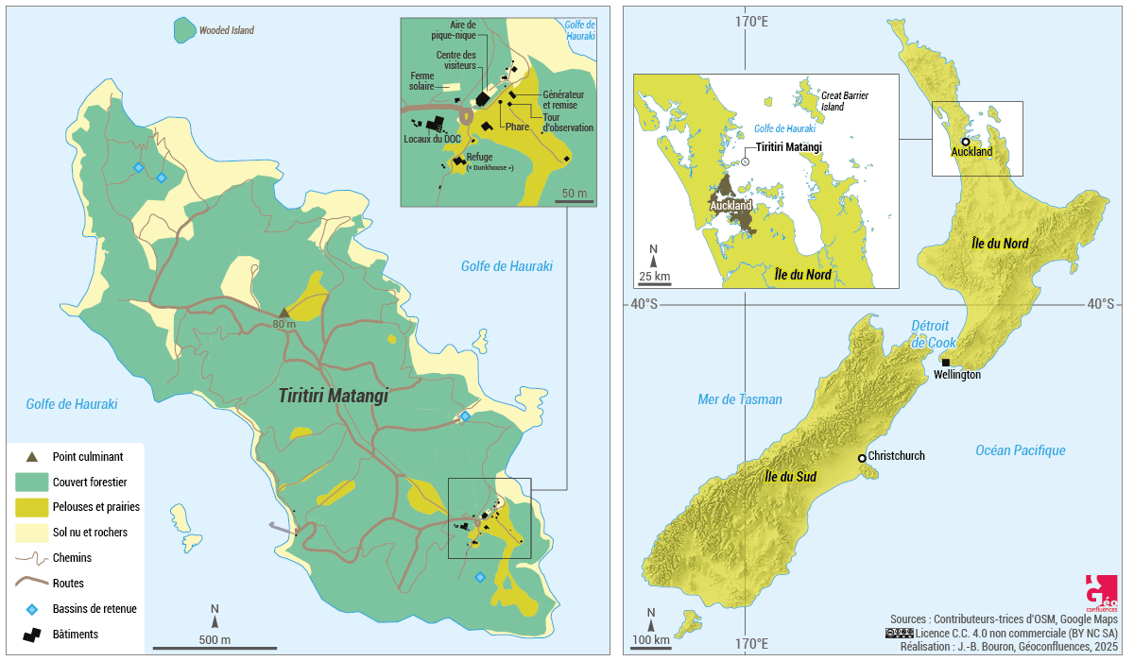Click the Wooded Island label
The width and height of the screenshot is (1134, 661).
pyautogui.click(x=226, y=30)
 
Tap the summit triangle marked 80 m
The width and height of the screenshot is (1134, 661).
pyautogui.click(x=283, y=313)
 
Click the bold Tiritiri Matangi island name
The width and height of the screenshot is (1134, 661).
pyautogui.click(x=334, y=397)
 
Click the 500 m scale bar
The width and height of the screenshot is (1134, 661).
pyautogui.click(x=215, y=647)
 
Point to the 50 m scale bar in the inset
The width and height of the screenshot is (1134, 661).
pyautogui.click(x=574, y=199)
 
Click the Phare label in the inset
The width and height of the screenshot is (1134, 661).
pyautogui.click(x=517, y=127)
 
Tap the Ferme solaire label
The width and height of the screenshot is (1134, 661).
pyautogui.click(x=421, y=81)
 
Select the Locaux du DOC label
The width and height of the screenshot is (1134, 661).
pyautogui.click(x=432, y=140)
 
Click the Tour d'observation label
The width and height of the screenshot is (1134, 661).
pyautogui.click(x=568, y=122)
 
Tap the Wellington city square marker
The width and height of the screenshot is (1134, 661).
pyautogui.click(x=945, y=363)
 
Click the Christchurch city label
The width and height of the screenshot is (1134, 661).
pyautogui.click(x=896, y=456)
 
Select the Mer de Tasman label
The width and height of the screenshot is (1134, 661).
pyautogui.click(x=739, y=399)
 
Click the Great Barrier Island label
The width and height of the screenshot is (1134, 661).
pyautogui.click(x=844, y=101)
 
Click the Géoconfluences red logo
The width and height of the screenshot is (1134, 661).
pyautogui.click(x=1102, y=593)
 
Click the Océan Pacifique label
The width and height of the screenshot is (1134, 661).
pyautogui.click(x=1020, y=450)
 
